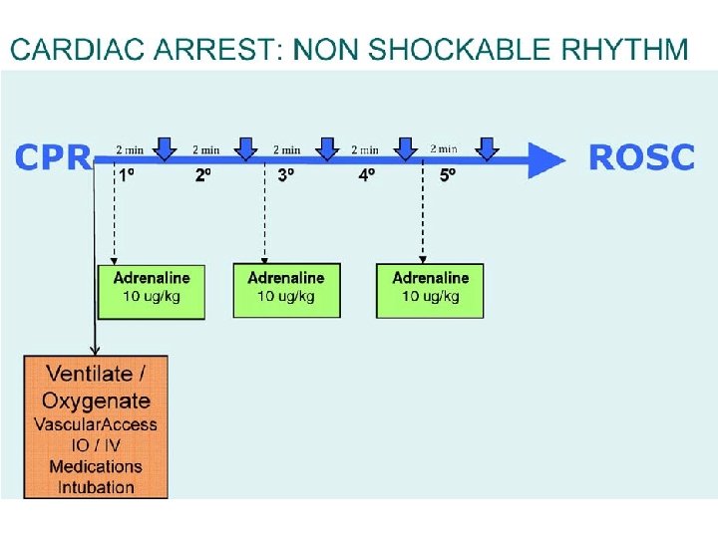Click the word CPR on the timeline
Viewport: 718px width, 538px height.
pyautogui.click(x=53, y=157)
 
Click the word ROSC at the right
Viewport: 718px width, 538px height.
pyautogui.click(x=641, y=157)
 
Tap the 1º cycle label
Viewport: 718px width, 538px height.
pyautogui.click(x=128, y=175)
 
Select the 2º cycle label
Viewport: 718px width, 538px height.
pyautogui.click(x=202, y=175)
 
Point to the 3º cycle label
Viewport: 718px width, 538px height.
pyautogui.click(x=285, y=175)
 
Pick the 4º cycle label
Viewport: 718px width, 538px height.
pyautogui.click(x=367, y=175)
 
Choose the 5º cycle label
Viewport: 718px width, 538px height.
pyautogui.click(x=448, y=175)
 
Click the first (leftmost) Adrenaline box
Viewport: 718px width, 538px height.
pyautogui.click(x=152, y=290)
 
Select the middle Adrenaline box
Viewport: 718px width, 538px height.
pyautogui.click(x=286, y=290)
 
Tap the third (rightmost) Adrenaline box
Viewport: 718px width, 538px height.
pyautogui.click(x=430, y=290)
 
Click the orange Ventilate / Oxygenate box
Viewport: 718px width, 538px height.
pyautogui.click(x=97, y=426)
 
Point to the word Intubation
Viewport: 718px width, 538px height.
pyautogui.click(x=96, y=487)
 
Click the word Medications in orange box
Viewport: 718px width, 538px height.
pyautogui.click(x=96, y=466)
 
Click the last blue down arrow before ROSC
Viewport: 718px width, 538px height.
pyautogui.click(x=486, y=148)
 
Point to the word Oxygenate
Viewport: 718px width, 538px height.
pyautogui.click(x=96, y=401)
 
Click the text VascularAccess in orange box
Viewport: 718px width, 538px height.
pyautogui.click(x=96, y=424)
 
